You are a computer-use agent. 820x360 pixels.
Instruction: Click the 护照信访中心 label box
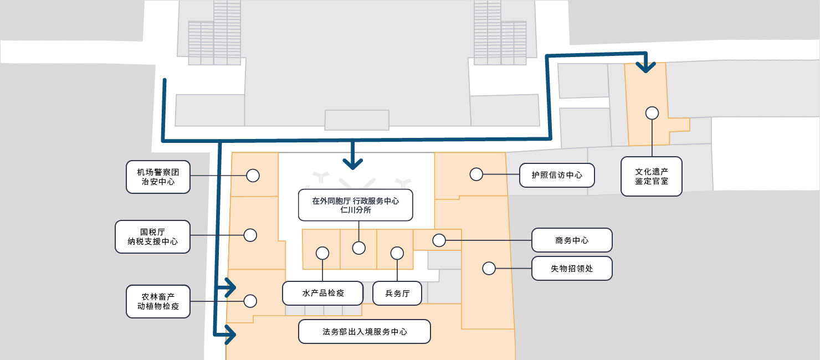[557, 175]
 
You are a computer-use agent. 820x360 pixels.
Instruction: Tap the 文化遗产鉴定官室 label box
[651, 176]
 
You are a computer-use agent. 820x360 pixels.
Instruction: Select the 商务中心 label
[572, 240]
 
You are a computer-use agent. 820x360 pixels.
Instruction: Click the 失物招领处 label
[572, 269]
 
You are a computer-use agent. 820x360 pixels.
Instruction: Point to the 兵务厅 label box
[397, 293]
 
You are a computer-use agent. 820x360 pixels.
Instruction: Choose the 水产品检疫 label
[322, 293]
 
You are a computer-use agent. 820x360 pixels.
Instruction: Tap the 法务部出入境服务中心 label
[365, 332]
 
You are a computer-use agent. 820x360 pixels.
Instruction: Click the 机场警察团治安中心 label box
[158, 177]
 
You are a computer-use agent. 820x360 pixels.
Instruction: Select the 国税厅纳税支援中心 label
[152, 236]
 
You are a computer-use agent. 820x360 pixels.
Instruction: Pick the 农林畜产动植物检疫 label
[158, 301]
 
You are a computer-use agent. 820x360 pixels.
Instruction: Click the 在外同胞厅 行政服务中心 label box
[355, 205]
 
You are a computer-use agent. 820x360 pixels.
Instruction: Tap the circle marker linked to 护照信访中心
[476, 174]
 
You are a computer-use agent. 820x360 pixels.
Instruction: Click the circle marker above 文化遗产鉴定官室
[652, 113]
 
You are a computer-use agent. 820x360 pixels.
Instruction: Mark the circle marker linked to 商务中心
[439, 240]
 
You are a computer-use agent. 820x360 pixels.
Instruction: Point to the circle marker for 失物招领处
[489, 269]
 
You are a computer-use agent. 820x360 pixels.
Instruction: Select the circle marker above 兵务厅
[397, 253]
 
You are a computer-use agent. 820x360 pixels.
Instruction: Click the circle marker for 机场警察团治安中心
[253, 176]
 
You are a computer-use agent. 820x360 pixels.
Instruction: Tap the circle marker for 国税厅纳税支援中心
[250, 235]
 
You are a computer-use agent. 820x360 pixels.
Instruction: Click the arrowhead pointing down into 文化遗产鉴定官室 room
[645, 67]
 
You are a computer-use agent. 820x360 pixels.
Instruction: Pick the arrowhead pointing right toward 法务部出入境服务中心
[231, 334]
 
